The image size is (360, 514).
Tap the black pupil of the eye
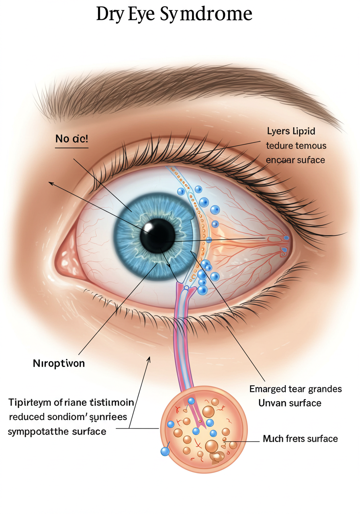pyautogui.click(x=157, y=236)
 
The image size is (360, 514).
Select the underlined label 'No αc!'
pyautogui.click(x=72, y=139)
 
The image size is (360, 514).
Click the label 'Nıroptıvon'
pyautogui.click(x=59, y=364)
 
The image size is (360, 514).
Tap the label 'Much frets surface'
pyautogui.click(x=300, y=439)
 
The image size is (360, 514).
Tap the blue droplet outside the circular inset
pyautogui.click(x=164, y=452)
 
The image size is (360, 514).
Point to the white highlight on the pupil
pyautogui.click(x=149, y=229)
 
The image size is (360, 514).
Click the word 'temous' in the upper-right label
pyautogui.click(x=311, y=146)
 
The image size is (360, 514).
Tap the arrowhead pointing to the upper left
pyautogui.click(x=51, y=183)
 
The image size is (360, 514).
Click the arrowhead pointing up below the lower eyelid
pyautogui.click(x=149, y=358)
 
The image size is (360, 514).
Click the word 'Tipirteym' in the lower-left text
pyautogui.click(x=28, y=402)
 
